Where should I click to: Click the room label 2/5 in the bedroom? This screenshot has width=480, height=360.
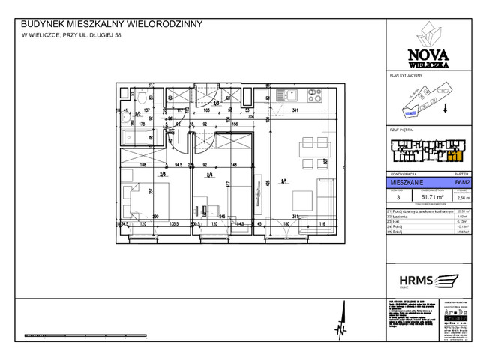click(163, 175)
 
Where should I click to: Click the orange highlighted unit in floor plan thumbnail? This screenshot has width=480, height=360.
click(453, 156)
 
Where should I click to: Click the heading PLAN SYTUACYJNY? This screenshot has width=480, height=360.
click(406, 76)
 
